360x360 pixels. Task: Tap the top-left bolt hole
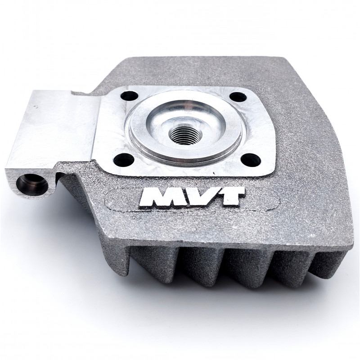tap(129, 96)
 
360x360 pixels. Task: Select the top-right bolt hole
tap(238, 97)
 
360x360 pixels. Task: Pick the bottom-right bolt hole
tap(251, 159)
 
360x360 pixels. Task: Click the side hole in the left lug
tap(32, 184)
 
